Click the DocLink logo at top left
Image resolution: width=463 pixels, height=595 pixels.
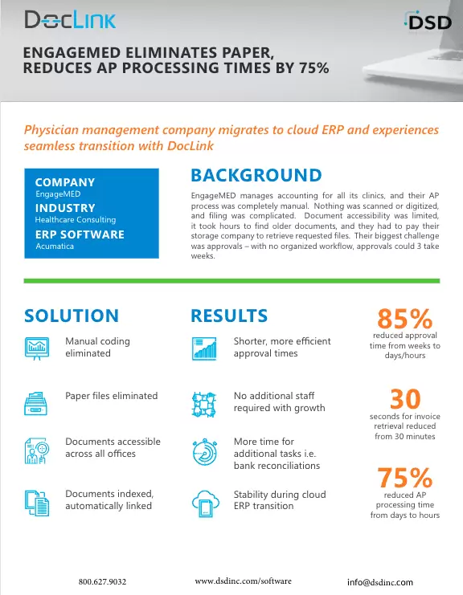click(x=70, y=20)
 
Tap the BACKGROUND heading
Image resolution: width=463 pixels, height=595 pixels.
click(x=256, y=175)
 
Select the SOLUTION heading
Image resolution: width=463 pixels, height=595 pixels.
click(x=72, y=316)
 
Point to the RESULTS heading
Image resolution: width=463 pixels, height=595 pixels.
click(x=229, y=316)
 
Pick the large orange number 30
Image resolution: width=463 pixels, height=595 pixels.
click(x=405, y=398)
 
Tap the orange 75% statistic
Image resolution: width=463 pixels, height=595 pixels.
click(x=405, y=478)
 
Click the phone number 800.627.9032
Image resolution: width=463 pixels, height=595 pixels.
click(x=103, y=581)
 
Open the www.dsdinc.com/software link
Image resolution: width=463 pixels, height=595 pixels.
click(x=244, y=580)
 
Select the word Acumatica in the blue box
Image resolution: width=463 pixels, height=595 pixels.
click(x=55, y=247)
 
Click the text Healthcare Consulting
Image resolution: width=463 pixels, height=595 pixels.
click(x=76, y=219)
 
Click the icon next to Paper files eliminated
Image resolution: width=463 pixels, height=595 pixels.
click(x=38, y=401)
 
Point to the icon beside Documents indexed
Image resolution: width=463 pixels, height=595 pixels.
click(x=38, y=502)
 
